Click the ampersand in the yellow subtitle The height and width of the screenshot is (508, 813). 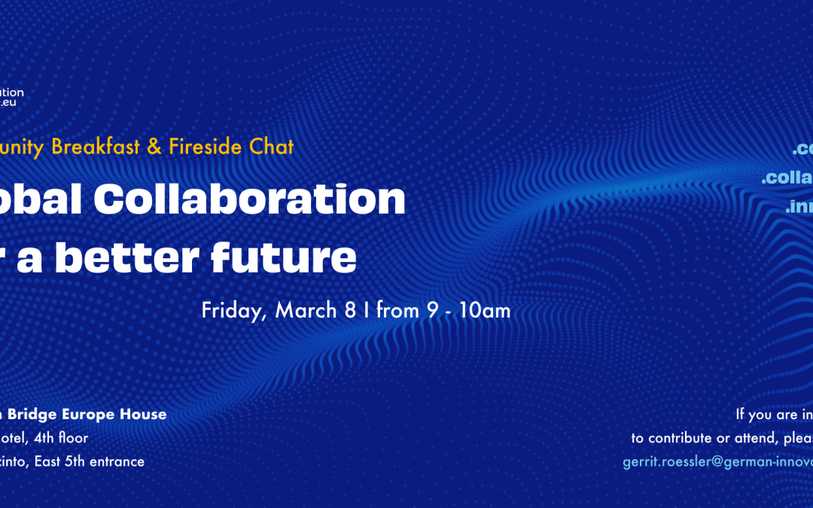(x=154, y=147)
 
